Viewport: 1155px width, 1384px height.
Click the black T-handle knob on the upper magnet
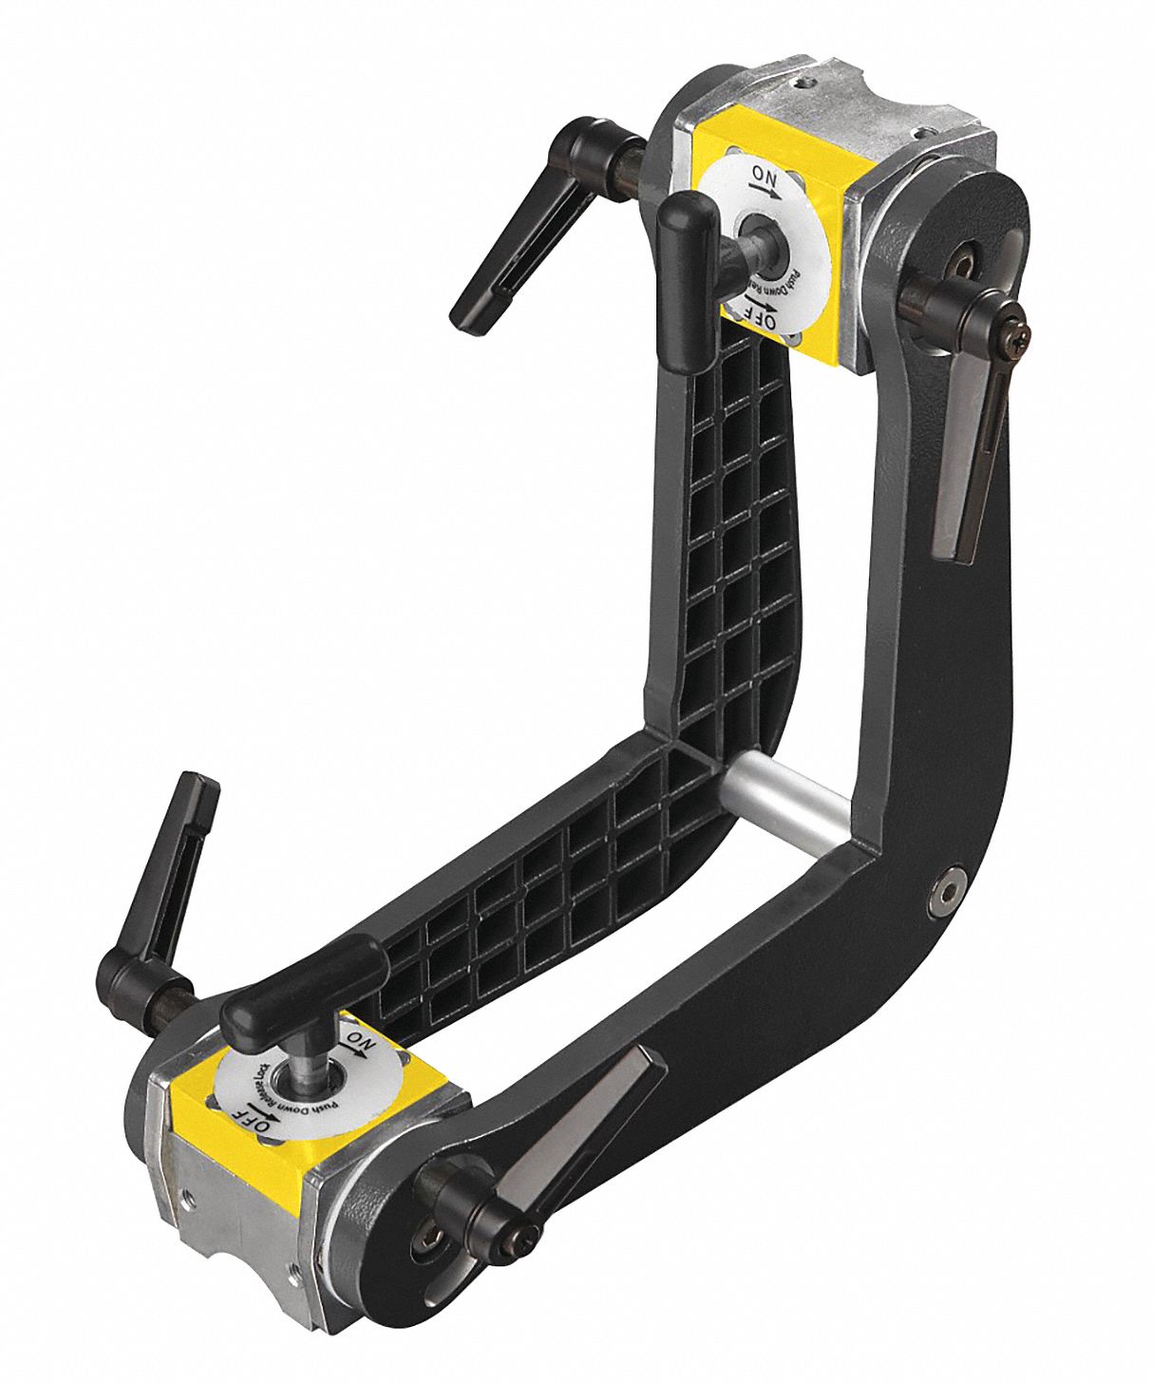click(x=686, y=224)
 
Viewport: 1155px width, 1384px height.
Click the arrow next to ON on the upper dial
click(x=766, y=190)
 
